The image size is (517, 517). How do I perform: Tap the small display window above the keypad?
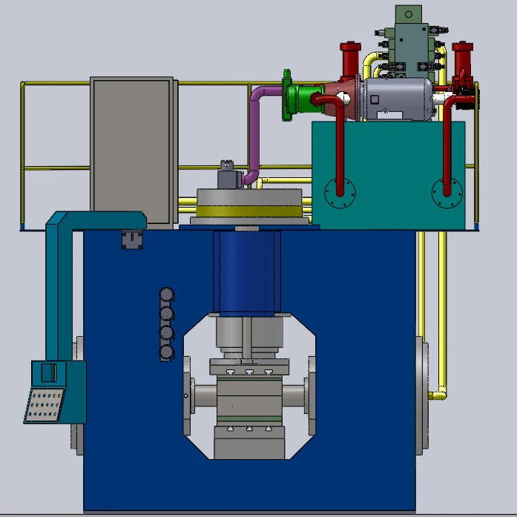48,373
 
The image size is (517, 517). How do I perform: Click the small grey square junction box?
132,240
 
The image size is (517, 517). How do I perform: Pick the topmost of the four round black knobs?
167,296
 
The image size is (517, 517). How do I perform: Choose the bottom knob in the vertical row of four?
167,352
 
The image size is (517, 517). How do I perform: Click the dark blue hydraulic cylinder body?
245,271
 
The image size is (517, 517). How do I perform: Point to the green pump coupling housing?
300,99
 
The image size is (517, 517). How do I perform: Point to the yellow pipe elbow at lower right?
441,391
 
